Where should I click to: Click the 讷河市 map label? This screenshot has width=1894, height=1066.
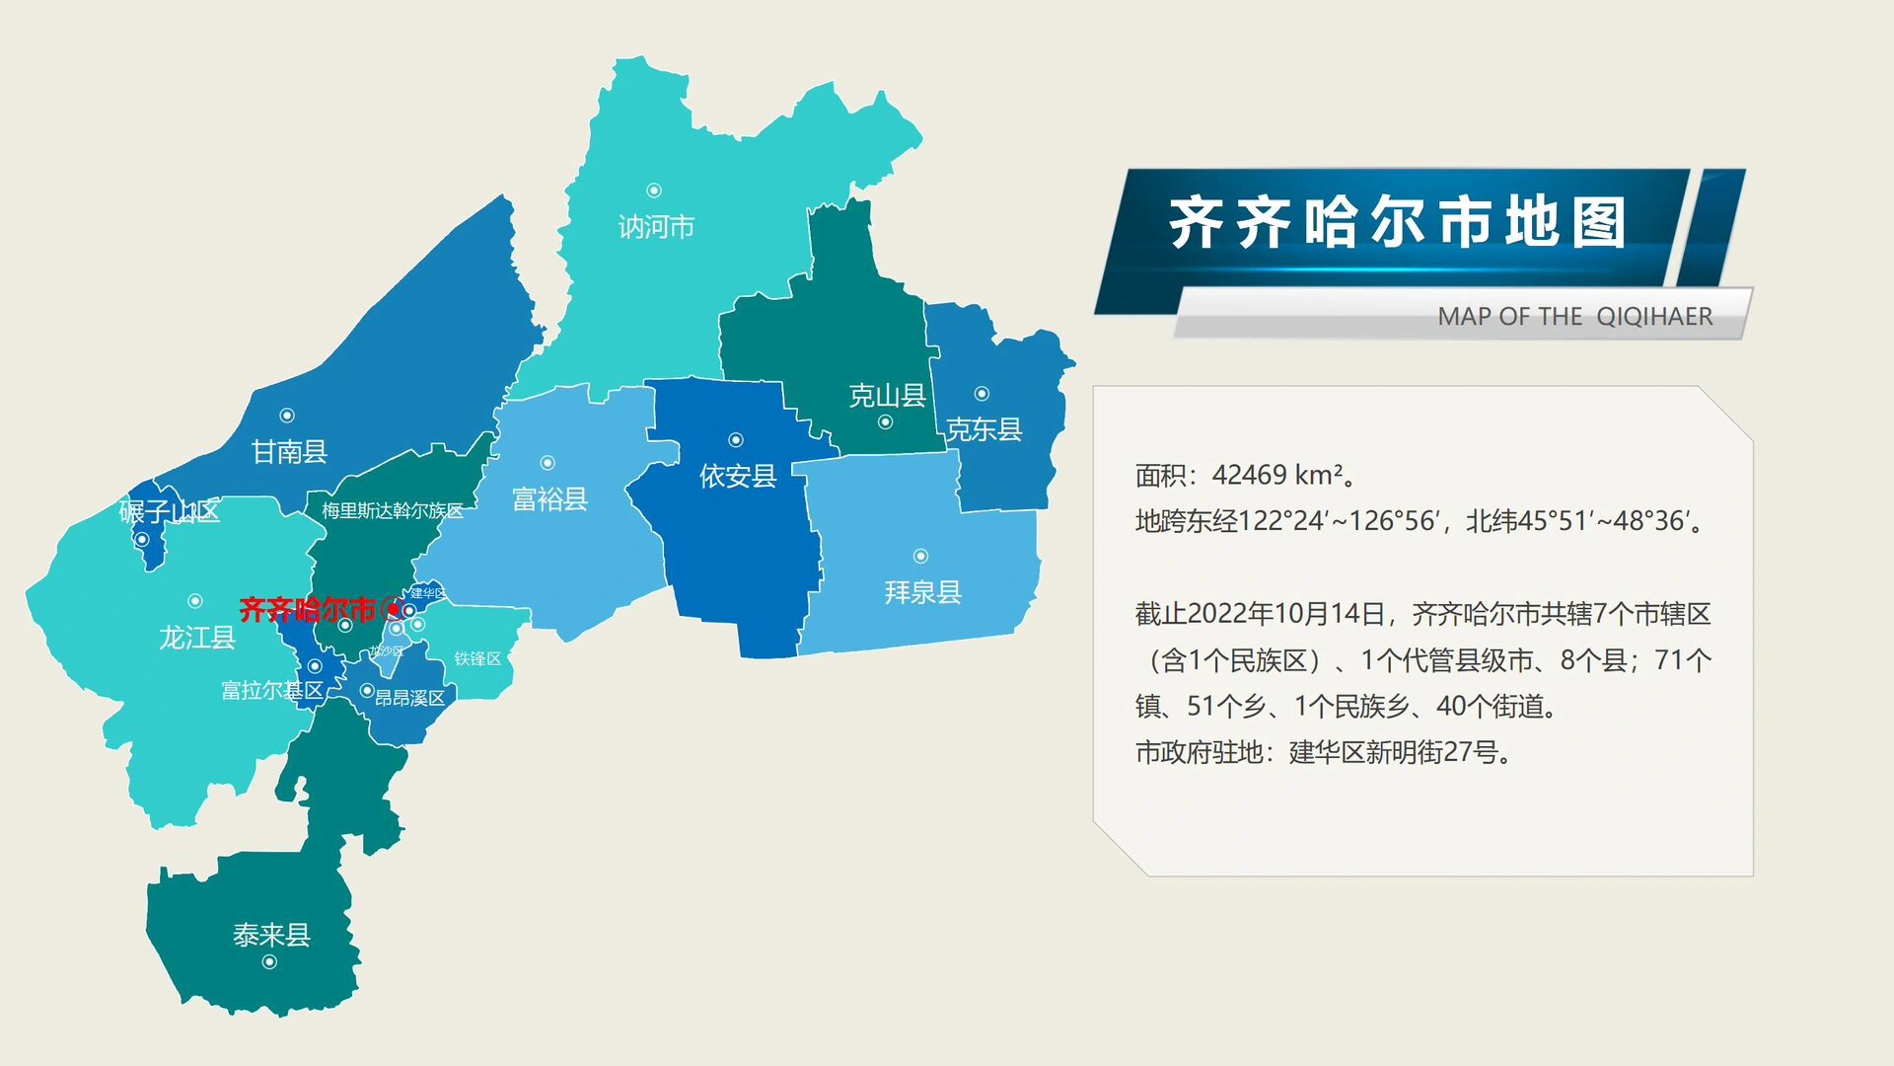click(x=656, y=227)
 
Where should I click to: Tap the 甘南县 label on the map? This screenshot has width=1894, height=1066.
click(x=289, y=452)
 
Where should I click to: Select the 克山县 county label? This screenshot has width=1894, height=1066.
click(x=887, y=396)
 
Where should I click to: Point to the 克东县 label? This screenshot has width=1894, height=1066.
click(x=983, y=429)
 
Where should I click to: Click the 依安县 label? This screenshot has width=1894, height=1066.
click(x=738, y=477)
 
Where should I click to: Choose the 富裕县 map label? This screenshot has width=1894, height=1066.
click(x=549, y=499)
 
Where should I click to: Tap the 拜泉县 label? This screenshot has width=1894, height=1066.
click(x=922, y=592)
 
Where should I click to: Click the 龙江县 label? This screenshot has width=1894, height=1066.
click(x=197, y=638)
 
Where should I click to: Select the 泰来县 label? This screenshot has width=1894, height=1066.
click(x=271, y=935)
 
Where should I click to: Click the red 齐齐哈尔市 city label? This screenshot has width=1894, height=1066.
click(x=308, y=610)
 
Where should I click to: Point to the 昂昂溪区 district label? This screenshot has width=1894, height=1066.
click(x=409, y=698)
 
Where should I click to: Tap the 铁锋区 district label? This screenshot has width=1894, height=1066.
click(x=477, y=658)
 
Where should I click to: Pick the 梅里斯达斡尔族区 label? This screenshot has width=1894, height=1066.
click(x=393, y=510)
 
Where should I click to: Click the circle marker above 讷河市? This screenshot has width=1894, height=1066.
click(x=653, y=190)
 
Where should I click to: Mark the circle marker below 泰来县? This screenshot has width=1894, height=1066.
click(x=269, y=962)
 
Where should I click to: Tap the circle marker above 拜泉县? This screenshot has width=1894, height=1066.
click(x=920, y=557)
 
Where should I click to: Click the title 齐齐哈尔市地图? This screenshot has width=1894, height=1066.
click(x=1396, y=223)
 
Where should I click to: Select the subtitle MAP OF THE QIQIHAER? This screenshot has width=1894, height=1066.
click(x=1574, y=317)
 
